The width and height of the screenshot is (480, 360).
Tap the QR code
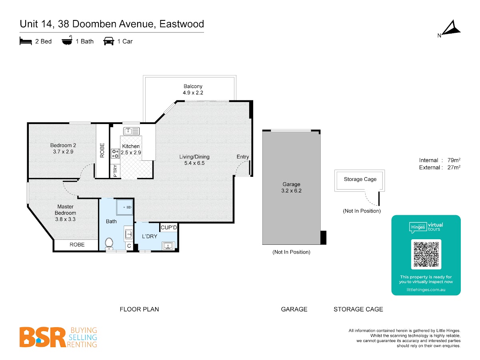pos(426,254)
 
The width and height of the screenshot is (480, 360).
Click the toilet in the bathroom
pos(109,244)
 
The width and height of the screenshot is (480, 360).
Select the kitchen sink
pos(131,131)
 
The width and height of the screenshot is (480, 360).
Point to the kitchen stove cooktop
pos(115,153)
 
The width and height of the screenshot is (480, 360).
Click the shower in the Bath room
pos(125,207)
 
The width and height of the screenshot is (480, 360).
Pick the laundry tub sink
pos(168,246)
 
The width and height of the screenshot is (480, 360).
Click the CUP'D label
pos(169,228)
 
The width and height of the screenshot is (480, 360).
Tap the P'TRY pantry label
pos(115,171)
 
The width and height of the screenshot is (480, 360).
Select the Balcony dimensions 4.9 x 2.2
pos(193,93)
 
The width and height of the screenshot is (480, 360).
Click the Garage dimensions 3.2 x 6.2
pos(291,191)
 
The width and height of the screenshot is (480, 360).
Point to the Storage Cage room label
pos(360,179)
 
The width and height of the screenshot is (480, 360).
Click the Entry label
pos(243,157)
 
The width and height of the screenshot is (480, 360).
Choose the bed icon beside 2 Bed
pos(26,41)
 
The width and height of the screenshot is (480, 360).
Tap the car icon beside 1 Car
pos(109,41)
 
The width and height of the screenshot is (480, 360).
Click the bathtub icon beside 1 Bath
pos(67,40)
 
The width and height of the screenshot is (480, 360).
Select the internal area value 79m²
pos(454,160)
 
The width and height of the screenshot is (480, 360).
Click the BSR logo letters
pos(43,337)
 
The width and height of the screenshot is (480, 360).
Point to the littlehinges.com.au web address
pos(426,290)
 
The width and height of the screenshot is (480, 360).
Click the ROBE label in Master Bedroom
pos(77,244)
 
